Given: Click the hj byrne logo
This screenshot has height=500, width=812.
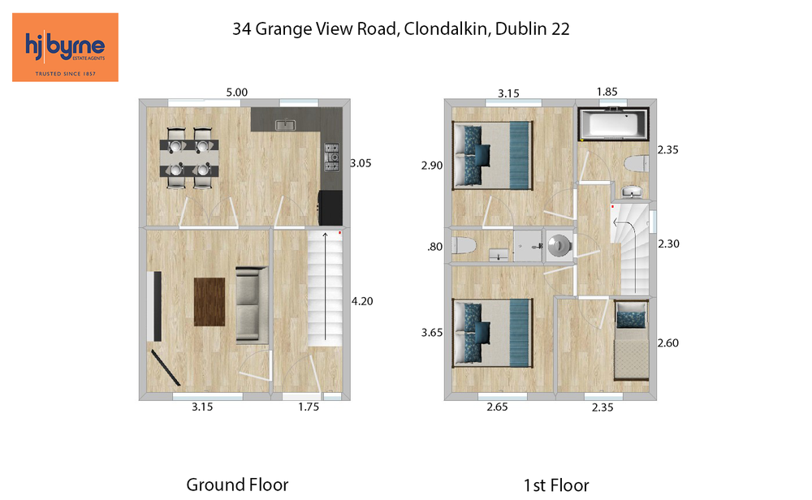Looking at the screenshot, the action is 65,47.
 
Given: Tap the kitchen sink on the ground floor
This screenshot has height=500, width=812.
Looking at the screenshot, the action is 285,124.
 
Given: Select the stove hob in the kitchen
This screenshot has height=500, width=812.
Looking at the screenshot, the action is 331,157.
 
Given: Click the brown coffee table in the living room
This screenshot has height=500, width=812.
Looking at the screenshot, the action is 209,302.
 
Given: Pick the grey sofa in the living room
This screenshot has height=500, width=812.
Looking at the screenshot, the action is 253,305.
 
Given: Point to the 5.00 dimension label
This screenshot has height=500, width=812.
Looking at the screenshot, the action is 236,93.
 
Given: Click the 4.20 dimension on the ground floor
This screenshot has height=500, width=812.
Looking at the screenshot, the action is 362,301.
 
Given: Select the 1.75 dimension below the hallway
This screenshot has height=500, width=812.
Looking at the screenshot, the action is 309,407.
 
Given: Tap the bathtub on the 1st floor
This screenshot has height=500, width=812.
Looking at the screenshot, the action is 613,123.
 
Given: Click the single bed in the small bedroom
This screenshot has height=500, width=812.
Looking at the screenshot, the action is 631,341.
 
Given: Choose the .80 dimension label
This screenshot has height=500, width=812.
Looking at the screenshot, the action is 435,247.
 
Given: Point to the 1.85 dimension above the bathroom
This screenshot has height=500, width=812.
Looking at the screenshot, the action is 607,92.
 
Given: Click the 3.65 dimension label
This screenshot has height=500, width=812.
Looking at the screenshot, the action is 432,332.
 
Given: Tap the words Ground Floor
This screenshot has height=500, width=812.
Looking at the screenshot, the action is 237,485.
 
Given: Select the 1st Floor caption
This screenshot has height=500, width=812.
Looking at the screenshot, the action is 556,485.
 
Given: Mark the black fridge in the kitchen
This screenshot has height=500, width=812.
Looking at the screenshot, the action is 330,208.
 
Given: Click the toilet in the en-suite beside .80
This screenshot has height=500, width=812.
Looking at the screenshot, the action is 464,245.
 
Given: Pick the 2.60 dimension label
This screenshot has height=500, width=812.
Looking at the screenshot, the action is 668,343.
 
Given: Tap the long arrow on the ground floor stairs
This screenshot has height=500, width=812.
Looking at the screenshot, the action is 326,287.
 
